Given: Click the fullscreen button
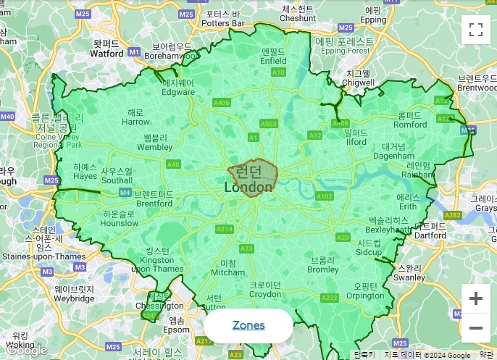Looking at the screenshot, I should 476,30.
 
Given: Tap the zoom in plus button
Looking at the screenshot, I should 476,298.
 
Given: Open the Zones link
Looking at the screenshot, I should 248,325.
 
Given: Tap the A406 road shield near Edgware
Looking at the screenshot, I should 222,104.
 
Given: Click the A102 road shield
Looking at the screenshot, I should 324,196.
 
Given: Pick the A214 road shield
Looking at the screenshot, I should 224,230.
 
